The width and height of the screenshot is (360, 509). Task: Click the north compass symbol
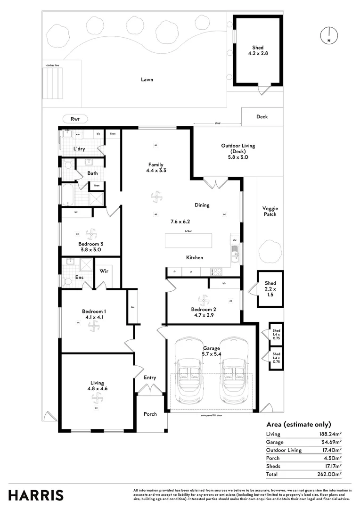click(x=328, y=36)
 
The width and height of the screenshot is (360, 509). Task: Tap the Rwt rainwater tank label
click(x=74, y=119)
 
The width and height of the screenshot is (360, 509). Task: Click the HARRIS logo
click(x=36, y=495)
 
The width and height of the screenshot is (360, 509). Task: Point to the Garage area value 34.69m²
click(x=329, y=442)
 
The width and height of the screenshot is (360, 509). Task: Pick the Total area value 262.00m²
click(x=329, y=474)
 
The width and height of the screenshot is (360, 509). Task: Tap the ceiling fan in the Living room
click(x=97, y=399)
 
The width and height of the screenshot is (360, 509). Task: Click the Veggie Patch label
click(x=270, y=211)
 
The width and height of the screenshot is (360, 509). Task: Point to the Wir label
click(x=104, y=271)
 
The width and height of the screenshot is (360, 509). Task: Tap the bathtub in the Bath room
click(x=69, y=194)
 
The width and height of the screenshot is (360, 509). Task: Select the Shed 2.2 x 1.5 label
click(x=270, y=289)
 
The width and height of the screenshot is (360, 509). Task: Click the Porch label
click(x=150, y=414)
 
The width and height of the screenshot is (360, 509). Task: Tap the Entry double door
click(x=149, y=389)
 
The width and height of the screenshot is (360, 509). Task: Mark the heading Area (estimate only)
click(x=299, y=424)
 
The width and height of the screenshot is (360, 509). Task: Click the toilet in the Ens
click(x=67, y=281)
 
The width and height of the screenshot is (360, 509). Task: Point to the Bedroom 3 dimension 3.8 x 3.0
click(x=90, y=250)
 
